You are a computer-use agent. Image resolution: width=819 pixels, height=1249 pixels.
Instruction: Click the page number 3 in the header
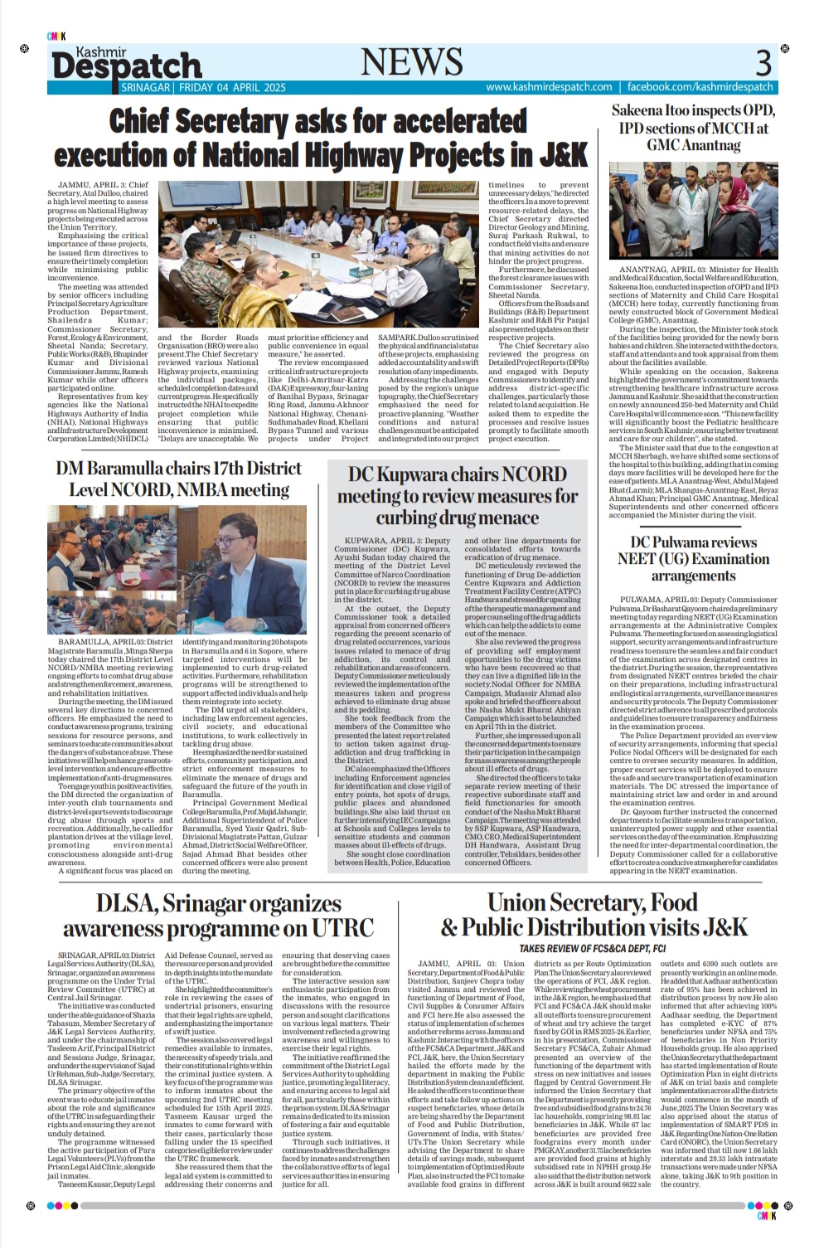tap(763, 63)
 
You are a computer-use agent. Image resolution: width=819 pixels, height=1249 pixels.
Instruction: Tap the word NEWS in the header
tap(412, 62)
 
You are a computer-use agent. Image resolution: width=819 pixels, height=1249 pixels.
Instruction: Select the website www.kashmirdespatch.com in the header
tap(549, 87)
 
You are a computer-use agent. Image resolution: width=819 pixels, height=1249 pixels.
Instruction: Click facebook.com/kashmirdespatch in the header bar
tap(700, 87)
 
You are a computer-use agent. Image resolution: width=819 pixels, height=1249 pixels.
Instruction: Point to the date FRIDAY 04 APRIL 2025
tap(225, 87)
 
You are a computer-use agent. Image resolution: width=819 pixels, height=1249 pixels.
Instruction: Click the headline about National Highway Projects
tap(320, 139)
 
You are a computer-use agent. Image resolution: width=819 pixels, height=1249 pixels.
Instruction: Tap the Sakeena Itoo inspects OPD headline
tap(693, 128)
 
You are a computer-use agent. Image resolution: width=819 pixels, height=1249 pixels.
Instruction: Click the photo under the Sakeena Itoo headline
tap(693, 211)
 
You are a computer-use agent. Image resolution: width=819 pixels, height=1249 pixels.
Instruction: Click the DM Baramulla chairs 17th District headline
tap(178, 479)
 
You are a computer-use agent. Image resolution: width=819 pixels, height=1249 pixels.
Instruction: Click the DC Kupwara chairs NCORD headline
tap(458, 496)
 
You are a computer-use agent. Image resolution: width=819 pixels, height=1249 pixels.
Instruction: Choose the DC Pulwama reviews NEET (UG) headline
tap(693, 559)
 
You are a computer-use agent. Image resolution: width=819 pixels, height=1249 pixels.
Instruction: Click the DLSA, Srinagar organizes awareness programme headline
tap(218, 916)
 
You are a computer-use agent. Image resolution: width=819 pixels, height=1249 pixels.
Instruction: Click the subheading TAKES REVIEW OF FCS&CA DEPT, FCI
tap(593, 948)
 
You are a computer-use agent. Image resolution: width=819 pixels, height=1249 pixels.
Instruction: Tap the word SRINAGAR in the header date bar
tap(146, 87)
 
